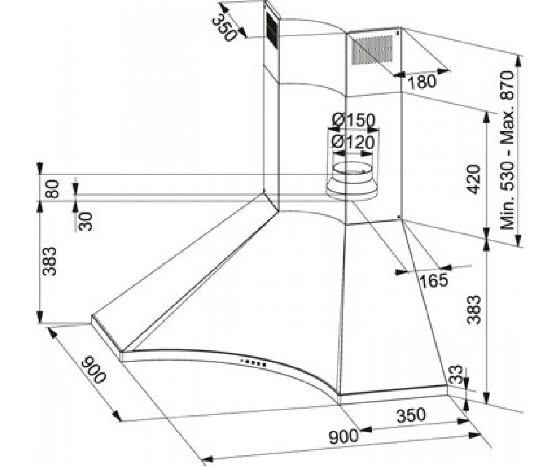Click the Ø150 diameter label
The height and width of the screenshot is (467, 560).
coord(353,120)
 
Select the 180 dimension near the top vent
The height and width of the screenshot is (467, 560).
coord(422,82)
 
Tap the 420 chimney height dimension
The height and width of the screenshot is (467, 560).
coord(473,179)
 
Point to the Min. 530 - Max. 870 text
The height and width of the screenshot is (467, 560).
coord(507,150)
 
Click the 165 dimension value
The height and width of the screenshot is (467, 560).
coord(434,280)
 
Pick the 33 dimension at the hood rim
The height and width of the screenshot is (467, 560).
coord(456,375)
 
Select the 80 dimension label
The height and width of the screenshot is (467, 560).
coord(52,189)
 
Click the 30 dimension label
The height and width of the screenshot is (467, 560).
coord(85,221)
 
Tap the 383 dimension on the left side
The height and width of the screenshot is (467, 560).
coord(50,262)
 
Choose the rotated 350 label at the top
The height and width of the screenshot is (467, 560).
coord(225,27)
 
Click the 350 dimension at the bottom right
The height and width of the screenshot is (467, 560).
coord(411,415)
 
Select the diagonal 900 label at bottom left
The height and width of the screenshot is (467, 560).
coord(94,370)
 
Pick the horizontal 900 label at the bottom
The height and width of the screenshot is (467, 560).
coord(343,436)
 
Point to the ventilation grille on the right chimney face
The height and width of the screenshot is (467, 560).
coord(372,50)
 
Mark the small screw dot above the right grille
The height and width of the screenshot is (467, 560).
coord(398,33)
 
